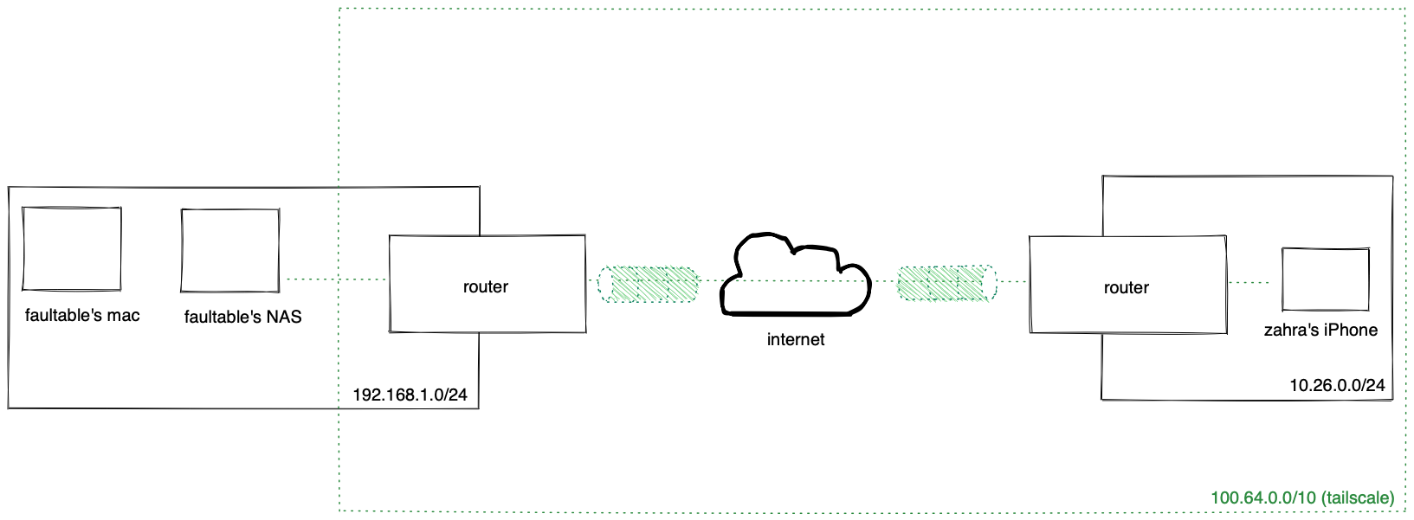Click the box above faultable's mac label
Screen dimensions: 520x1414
[x=72, y=248]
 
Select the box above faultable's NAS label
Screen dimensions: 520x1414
[x=230, y=250]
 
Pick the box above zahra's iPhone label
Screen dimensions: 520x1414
[x=1325, y=279]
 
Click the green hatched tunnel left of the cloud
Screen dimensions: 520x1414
[x=649, y=284]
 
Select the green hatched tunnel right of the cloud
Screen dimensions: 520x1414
[x=946, y=283]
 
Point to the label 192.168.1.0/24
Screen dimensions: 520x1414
[x=410, y=395]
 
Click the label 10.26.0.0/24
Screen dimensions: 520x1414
[x=1337, y=385]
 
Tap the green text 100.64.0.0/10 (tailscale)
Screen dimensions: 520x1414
[x=1302, y=498]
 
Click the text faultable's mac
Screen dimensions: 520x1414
[x=82, y=316]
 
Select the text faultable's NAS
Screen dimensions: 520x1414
[x=242, y=318]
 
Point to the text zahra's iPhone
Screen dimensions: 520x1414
[x=1320, y=330]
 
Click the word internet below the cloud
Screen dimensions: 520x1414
[x=795, y=340]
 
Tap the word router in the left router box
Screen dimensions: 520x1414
[x=486, y=287]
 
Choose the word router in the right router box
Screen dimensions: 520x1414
[x=1126, y=288]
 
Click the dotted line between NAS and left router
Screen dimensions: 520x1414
[x=336, y=279]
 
